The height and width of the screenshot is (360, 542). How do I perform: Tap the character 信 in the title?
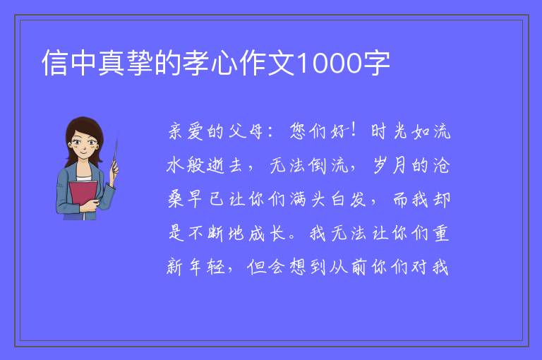tap(54, 63)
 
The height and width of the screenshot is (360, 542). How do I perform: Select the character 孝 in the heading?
tap(196, 63)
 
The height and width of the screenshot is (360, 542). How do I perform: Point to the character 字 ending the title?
tap(376, 63)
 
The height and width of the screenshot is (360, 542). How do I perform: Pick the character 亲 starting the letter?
tap(175, 131)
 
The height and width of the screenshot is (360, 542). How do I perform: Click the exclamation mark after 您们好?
tap(354, 131)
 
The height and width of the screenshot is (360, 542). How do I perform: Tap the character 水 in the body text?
tap(175, 165)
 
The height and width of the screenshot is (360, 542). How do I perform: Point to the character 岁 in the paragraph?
tap(380, 165)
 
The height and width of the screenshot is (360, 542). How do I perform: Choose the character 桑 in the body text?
tap(175, 199)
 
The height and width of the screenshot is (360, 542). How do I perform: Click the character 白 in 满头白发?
tap(339, 199)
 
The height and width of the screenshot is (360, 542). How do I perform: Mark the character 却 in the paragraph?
tap(441, 199)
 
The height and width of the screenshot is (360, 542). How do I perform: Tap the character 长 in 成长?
tap(278, 233)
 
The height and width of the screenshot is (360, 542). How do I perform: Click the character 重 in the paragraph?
tap(441, 233)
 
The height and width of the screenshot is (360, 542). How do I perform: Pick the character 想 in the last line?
tap(298, 267)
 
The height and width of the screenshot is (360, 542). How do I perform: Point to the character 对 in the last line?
tap(421, 267)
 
